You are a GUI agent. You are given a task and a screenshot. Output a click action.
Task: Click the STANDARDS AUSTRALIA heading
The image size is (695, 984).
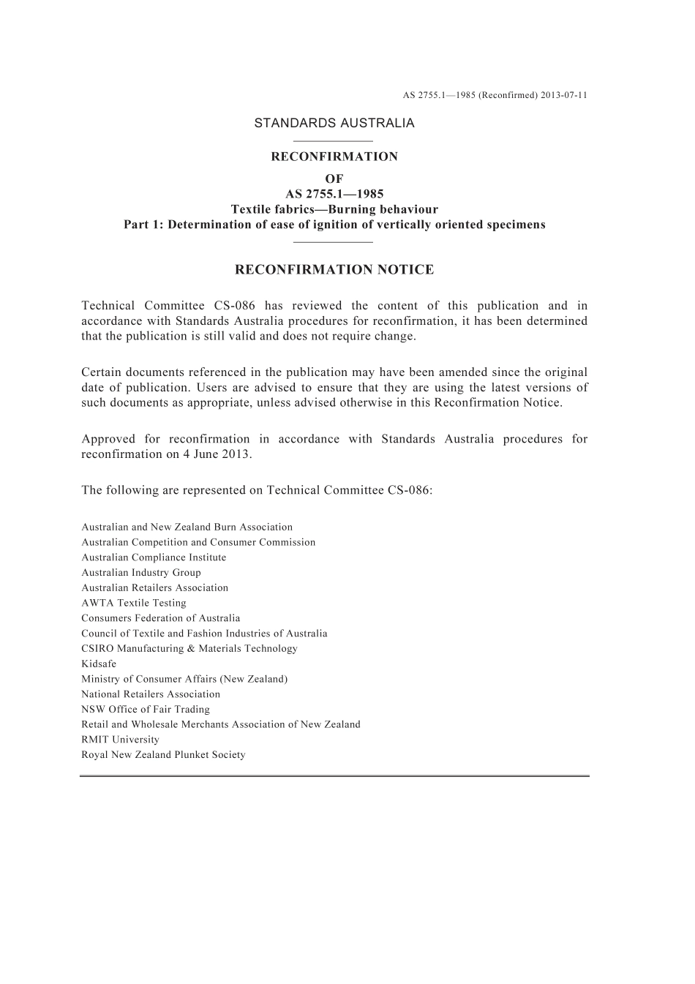(334, 123)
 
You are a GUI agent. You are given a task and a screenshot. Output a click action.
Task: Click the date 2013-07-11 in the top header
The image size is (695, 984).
(564, 95)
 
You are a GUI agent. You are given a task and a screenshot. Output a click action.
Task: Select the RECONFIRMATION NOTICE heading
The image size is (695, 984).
(334, 270)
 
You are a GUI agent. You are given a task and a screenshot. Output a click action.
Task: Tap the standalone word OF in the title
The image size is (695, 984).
(334, 179)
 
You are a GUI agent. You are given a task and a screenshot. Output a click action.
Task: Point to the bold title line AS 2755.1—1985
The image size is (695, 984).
(334, 194)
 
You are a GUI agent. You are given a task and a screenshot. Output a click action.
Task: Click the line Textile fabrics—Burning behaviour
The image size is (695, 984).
(334, 209)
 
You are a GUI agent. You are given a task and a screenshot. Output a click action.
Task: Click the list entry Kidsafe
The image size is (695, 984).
(99, 664)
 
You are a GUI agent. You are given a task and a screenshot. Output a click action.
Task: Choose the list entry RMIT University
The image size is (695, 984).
(120, 740)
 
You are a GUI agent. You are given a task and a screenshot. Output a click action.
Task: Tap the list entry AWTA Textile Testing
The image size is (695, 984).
(134, 603)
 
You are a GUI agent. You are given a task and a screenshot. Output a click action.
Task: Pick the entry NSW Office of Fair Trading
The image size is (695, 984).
(146, 709)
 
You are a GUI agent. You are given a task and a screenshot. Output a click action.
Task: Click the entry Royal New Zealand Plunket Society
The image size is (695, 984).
(163, 755)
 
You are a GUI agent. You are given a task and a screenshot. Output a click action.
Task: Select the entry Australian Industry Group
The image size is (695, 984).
(141, 573)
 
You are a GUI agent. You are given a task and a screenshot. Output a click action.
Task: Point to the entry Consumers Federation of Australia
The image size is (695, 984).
(160, 618)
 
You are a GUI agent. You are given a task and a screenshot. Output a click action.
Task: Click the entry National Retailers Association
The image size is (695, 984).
(151, 694)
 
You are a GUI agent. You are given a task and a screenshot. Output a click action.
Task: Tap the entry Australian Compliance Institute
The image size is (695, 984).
(154, 557)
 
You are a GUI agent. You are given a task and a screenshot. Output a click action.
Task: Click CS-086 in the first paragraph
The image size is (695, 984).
(232, 306)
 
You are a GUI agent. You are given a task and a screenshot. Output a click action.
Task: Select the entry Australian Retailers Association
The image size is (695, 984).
(154, 587)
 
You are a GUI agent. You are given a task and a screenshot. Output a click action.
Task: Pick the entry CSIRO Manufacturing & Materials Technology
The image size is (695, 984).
(189, 648)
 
